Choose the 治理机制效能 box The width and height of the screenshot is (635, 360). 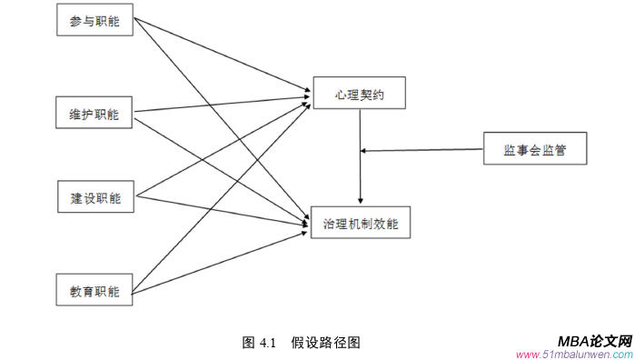361,222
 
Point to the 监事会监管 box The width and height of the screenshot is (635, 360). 534,149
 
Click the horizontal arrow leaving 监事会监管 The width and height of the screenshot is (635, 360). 422,149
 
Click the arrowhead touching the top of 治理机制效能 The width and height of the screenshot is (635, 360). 362,200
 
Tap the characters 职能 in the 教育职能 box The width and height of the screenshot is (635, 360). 107,291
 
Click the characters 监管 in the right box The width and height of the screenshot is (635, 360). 553,149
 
